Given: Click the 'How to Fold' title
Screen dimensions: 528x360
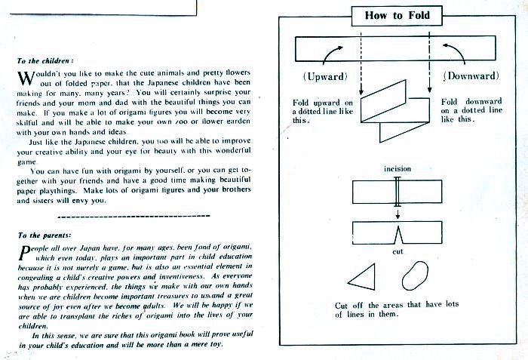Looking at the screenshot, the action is [397, 16].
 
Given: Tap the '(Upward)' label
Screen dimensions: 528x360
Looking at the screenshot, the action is [325, 76].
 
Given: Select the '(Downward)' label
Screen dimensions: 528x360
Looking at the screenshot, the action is [471, 75].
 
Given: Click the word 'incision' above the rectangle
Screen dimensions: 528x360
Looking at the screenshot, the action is [398, 168].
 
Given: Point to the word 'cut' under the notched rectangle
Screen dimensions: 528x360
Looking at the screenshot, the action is [398, 251].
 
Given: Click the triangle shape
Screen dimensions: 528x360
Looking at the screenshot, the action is [361, 277].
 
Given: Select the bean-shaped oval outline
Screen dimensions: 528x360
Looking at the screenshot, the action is [415, 275].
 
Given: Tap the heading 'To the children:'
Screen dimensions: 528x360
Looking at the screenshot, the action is [45, 61].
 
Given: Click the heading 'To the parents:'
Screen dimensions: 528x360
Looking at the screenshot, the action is [45, 235].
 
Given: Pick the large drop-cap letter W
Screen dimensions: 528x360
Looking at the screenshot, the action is [26, 78].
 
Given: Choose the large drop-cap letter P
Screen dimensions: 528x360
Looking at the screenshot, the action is [25, 253].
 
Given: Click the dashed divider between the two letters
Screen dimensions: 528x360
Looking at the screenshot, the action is [134, 216].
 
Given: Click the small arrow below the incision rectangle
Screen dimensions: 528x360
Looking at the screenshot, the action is [398, 214].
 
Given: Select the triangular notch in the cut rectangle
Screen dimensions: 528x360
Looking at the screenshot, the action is [398, 235].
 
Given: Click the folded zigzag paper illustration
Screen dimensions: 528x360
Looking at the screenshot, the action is [395, 111].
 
